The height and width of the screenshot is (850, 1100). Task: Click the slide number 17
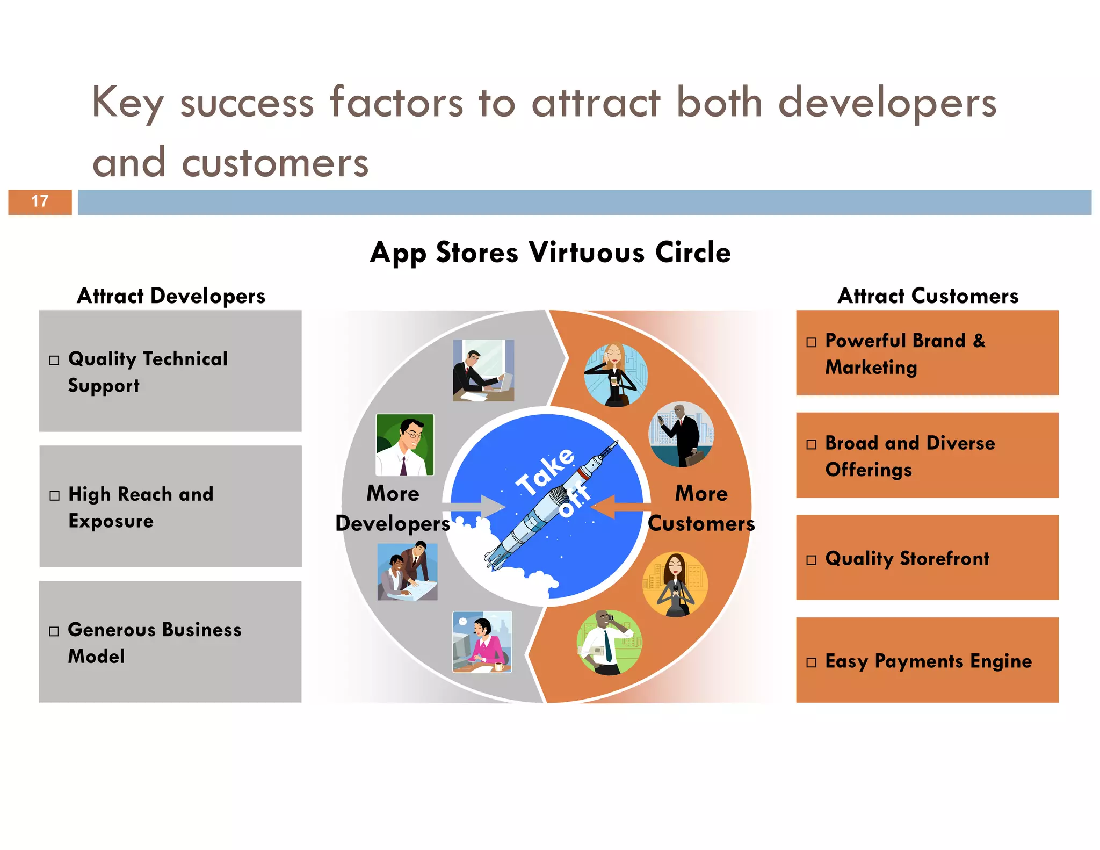pos(40,201)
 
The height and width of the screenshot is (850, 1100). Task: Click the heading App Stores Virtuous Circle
pos(550,253)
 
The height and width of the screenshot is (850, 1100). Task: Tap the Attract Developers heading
pos(171,296)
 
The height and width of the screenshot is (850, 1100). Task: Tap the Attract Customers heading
pos(928,296)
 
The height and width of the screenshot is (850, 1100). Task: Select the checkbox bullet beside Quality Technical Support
pos(54,360)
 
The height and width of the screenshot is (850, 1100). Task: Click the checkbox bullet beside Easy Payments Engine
pos(811,662)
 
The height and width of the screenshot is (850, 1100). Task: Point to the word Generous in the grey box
pos(111,629)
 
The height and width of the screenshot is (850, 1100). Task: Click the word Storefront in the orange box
pos(944,559)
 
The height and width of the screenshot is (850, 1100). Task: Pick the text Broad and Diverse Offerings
pos(909,456)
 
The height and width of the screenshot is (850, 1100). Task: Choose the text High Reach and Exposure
pos(140,507)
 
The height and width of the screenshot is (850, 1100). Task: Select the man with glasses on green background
pos(404,444)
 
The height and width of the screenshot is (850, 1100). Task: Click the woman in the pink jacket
pos(482,642)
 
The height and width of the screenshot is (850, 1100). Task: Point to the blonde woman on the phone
pos(616,374)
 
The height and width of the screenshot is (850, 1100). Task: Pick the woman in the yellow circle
pos(675,584)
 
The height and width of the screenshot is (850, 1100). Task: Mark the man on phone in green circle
pos(609,642)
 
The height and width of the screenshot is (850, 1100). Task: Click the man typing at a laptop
pos(483,370)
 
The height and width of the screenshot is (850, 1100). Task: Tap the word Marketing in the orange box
pos(871,368)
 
